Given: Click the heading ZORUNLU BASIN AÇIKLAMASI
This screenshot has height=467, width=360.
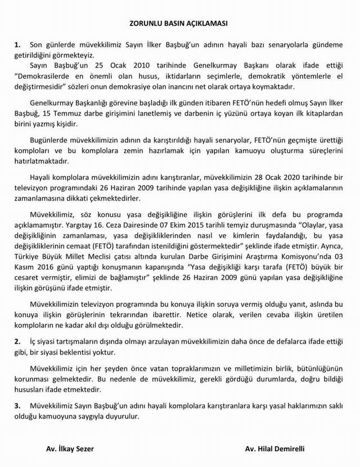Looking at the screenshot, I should click(x=180, y=25).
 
